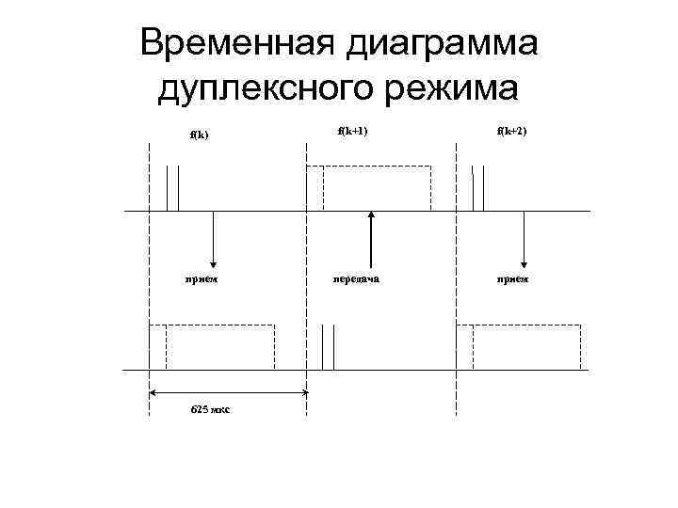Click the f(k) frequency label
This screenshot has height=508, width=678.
coord(198,134)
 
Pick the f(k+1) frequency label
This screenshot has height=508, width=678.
coord(352,131)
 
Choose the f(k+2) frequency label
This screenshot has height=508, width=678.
coord(513,131)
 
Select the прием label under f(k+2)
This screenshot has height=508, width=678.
coord(514,278)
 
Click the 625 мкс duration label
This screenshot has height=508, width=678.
coord(211,410)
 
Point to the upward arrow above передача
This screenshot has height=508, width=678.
coord(373,239)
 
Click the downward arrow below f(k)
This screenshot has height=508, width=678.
coord(215,239)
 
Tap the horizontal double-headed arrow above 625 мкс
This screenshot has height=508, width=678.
coord(229,392)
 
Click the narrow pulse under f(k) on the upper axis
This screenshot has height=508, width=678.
coord(172,188)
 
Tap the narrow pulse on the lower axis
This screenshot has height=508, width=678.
coord(327,347)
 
